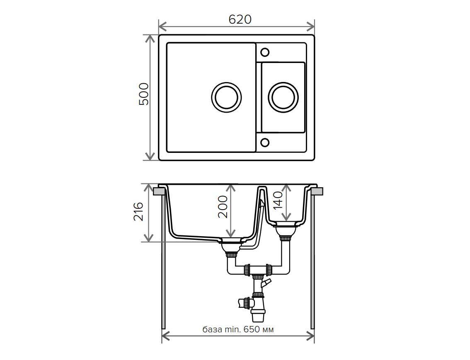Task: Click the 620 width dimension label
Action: (x=240, y=19)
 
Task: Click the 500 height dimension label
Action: (x=144, y=94)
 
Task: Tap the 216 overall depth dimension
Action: (x=138, y=211)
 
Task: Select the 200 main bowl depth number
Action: (x=223, y=207)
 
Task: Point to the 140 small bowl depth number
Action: (x=278, y=200)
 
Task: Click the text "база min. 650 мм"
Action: (x=238, y=329)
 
